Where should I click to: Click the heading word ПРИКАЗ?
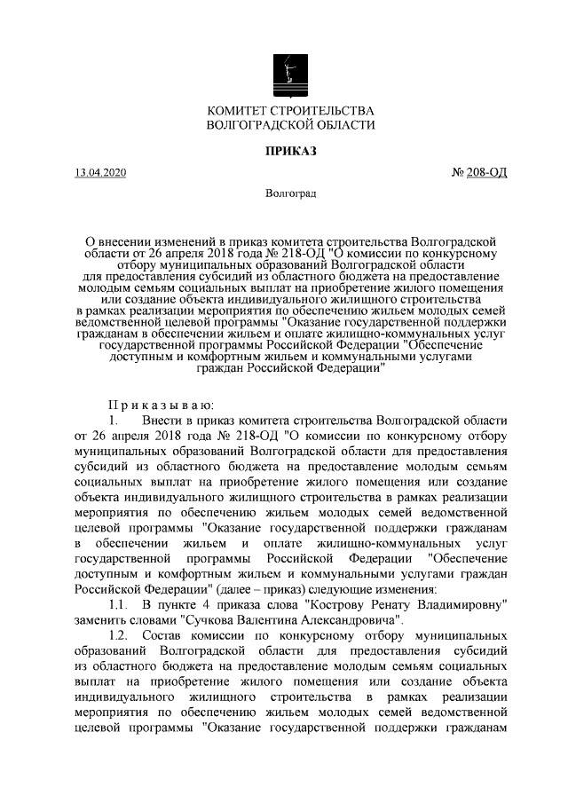(289, 151)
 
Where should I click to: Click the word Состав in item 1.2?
(165, 636)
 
